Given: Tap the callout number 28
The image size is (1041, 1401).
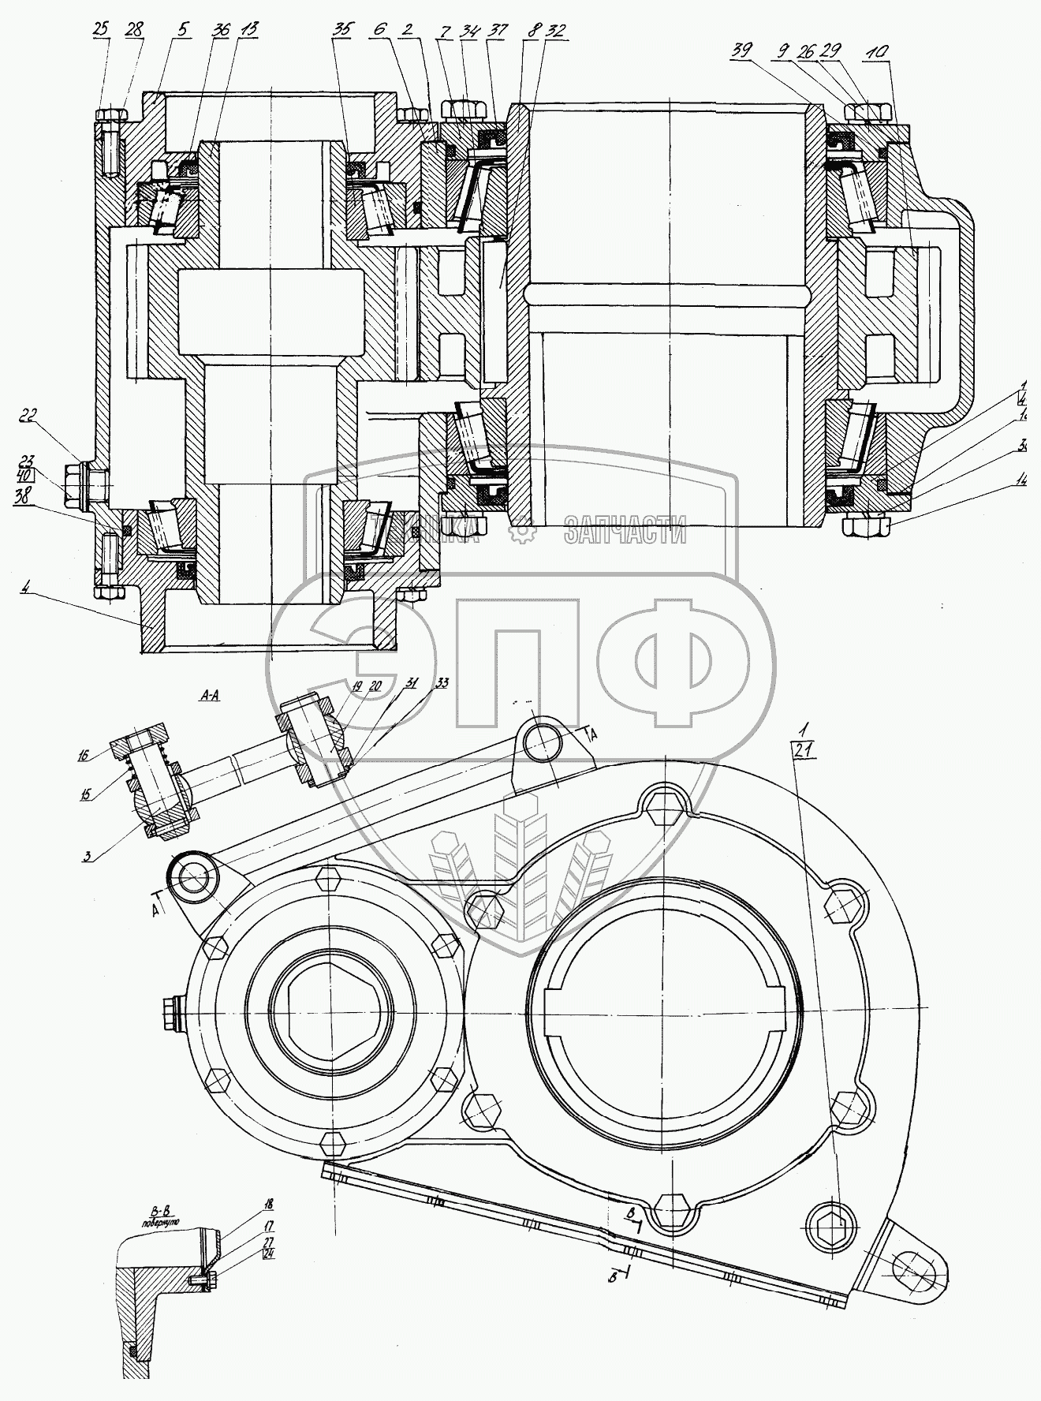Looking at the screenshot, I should pos(133,29).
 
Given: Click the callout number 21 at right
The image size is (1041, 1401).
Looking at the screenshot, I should pos(803,753).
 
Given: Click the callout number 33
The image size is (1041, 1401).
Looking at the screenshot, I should pos(441,683).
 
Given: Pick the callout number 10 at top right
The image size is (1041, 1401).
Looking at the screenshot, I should pos(879,50).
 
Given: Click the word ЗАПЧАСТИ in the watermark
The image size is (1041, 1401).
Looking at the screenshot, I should pos(624,533).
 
